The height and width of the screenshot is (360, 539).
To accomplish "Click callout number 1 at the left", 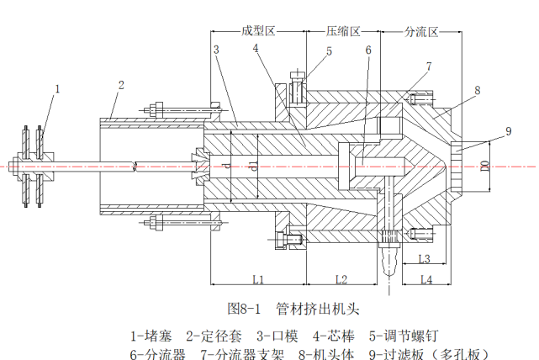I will pos(58,88).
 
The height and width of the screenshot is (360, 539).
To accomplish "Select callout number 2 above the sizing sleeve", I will pos(121,85).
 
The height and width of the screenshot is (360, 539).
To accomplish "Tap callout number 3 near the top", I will pos(217,50).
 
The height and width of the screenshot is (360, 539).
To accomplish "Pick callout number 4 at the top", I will pos(255,49).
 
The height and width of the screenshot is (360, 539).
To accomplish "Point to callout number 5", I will pos(329,51).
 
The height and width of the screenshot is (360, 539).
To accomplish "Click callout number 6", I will pos(368,50).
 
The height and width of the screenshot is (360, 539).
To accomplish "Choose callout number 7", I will pos(429,66).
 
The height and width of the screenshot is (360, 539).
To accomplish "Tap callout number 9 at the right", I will pos(508,130).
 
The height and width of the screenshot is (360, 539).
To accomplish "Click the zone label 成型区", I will pos(258,31).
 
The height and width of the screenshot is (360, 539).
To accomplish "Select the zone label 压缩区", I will pos(343,31).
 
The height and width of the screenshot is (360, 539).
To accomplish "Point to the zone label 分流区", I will pos(421,31).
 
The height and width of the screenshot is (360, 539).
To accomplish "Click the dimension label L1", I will pos(259,278).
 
